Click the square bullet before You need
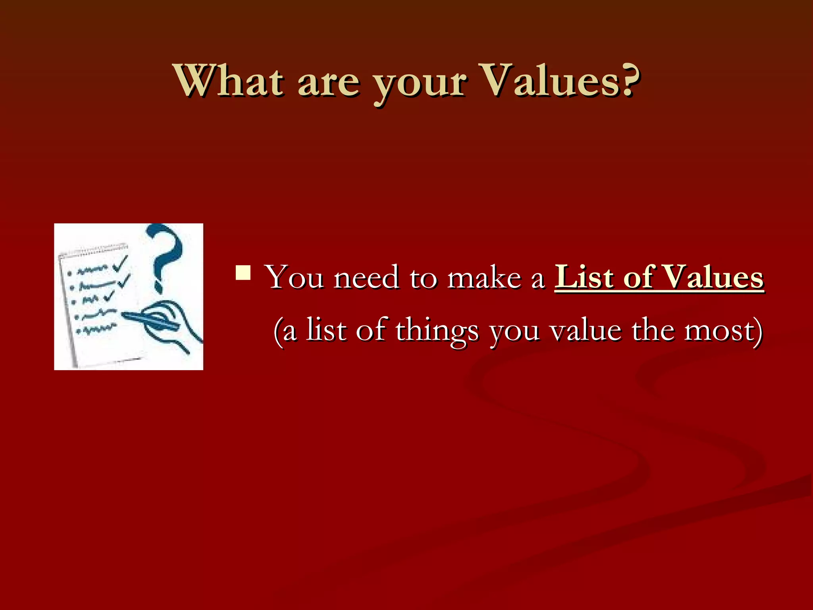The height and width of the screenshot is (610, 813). pyautogui.click(x=243, y=273)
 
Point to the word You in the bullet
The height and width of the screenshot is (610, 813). pyautogui.click(x=294, y=277)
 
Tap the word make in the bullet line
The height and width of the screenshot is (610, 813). pyautogui.click(x=484, y=277)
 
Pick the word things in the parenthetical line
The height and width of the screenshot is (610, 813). pyautogui.click(x=437, y=331)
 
